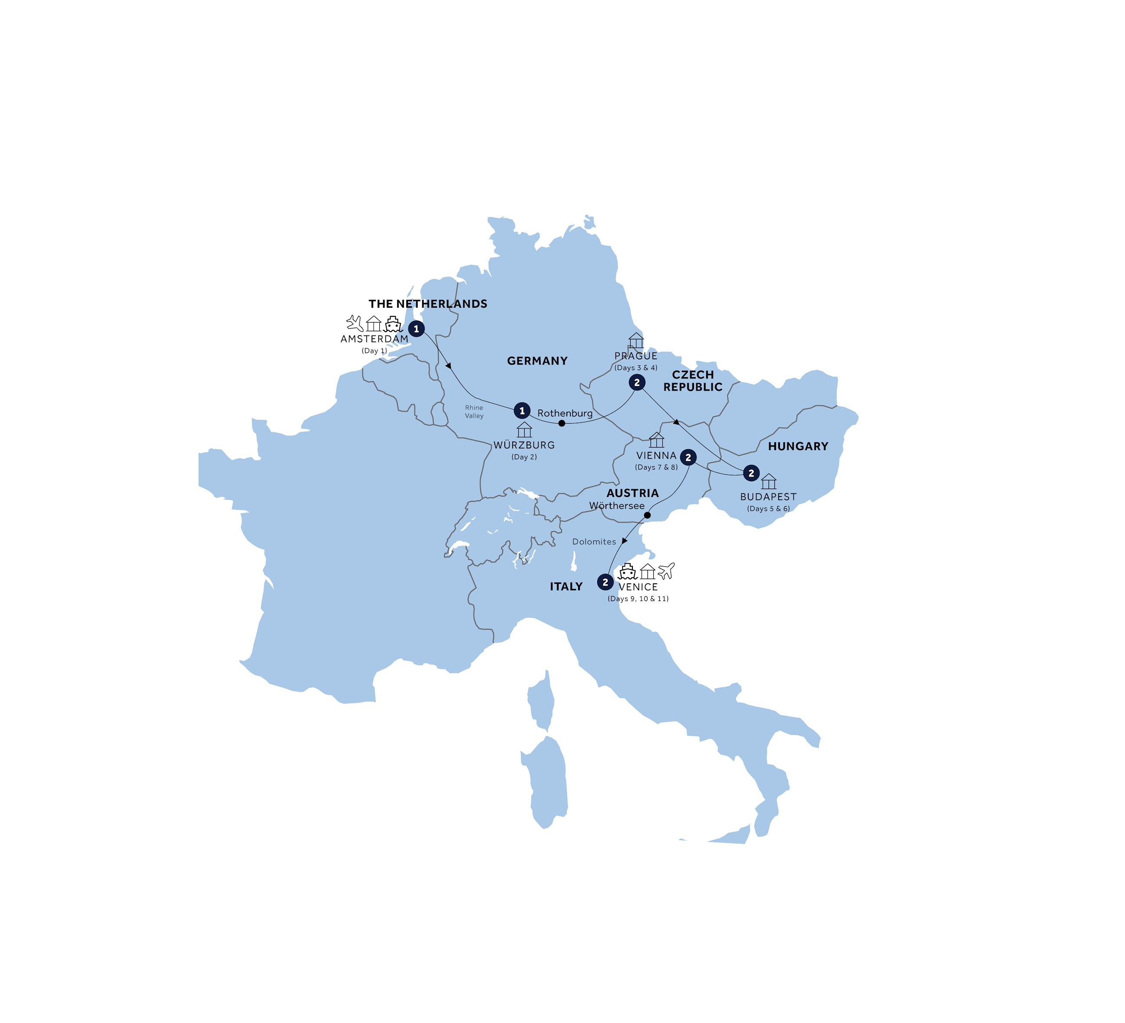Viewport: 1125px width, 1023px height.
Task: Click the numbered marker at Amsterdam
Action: (416, 329)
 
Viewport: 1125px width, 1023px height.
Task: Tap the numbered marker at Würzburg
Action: (522, 411)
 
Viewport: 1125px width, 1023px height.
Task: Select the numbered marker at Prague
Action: (637, 382)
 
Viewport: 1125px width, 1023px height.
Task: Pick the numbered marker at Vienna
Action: (688, 457)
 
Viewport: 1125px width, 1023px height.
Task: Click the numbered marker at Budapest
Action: (751, 473)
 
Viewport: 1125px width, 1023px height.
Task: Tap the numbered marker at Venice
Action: (605, 582)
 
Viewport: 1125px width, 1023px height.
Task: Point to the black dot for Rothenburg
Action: (562, 423)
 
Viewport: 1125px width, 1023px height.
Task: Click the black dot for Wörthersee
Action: (647, 515)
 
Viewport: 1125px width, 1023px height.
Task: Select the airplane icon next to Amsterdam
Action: (354, 323)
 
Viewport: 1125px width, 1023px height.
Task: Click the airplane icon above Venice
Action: (666, 570)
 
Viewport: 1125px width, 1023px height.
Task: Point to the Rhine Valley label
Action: (474, 412)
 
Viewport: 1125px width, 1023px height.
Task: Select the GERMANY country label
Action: (537, 361)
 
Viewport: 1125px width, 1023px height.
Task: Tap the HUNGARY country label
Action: (798, 447)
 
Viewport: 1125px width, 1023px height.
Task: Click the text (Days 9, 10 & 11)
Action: (638, 599)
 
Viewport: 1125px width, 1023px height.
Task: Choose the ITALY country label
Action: (566, 586)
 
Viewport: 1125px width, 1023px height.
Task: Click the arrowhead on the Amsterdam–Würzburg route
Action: (448, 366)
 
